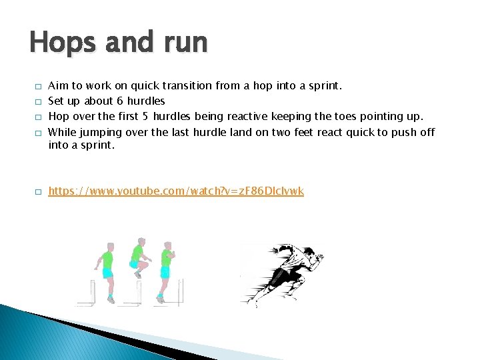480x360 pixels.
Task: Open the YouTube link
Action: (x=176, y=191)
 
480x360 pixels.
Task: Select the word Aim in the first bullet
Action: (x=58, y=86)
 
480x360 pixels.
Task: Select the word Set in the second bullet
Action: (x=56, y=101)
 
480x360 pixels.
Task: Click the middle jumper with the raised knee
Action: (x=138, y=257)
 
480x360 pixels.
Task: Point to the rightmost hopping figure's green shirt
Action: (x=167, y=257)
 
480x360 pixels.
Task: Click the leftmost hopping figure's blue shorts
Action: (x=107, y=273)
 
